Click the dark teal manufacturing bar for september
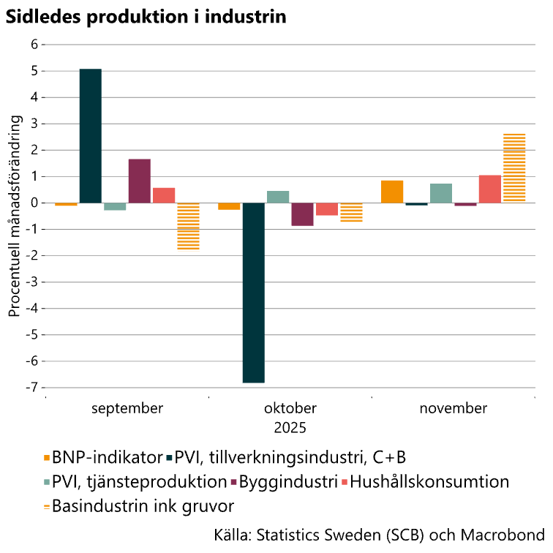pos(90,135)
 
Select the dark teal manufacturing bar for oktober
pos(254,293)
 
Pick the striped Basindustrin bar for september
pos(188,226)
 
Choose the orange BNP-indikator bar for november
pos(392,192)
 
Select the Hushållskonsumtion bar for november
pos(490,189)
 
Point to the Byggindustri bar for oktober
pos(302,214)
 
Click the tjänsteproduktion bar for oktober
pos(278,197)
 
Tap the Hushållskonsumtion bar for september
pos(164,195)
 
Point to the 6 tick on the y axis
pos(33,45)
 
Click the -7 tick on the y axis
pos(31,387)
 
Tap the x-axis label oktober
pos(290,408)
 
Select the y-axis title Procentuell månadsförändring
pos(14,219)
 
